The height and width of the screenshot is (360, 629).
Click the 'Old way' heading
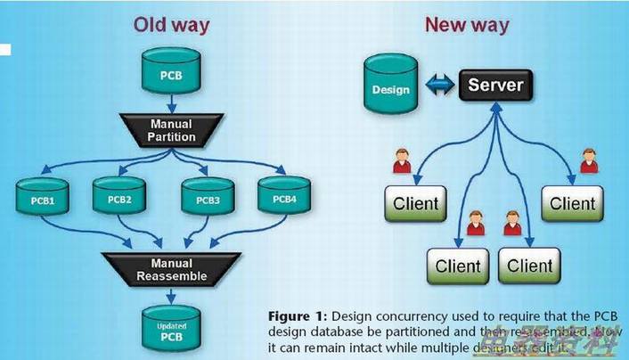(x=172, y=24)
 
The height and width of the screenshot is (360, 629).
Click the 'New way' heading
(x=466, y=24)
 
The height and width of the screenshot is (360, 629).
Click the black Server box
(x=495, y=87)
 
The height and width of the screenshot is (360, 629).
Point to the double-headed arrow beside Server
(x=438, y=87)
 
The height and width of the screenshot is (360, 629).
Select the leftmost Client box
(x=415, y=204)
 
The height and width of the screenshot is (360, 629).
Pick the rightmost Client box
(x=572, y=204)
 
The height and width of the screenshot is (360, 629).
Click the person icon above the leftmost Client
(x=403, y=162)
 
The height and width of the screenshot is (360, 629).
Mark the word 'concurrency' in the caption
(x=417, y=316)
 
